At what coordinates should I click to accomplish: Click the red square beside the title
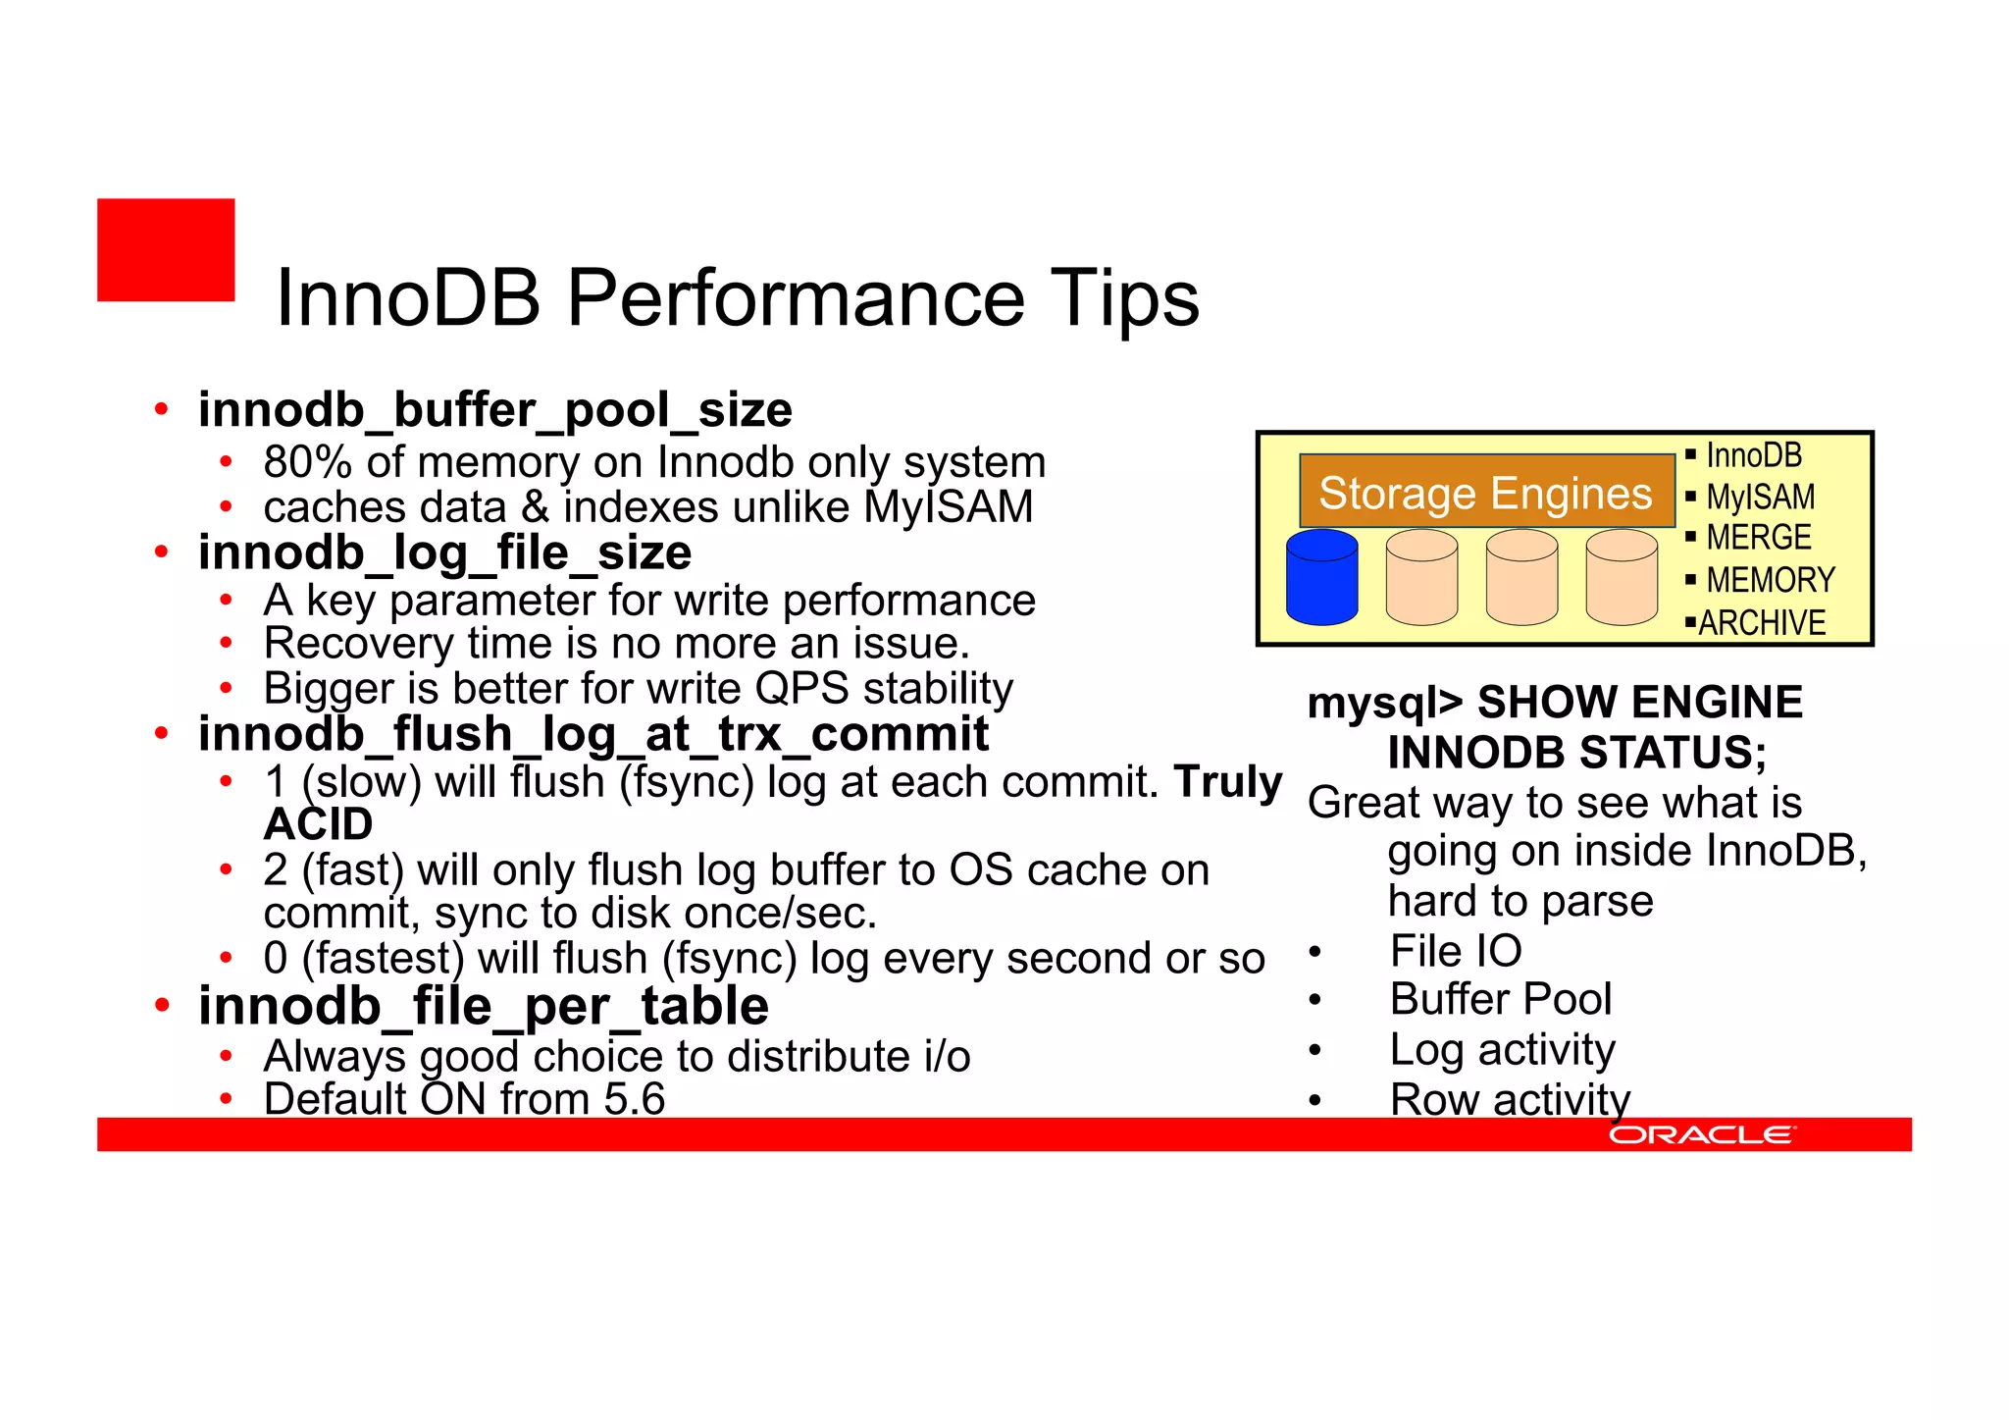click(166, 249)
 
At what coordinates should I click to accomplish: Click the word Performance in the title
click(796, 298)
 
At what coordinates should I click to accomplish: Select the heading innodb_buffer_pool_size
click(494, 410)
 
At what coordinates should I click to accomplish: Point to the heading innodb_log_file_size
click(444, 553)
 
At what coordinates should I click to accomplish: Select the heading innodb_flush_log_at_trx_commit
click(593, 735)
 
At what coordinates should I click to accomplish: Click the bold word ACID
click(318, 824)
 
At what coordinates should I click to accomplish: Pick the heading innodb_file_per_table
click(483, 1007)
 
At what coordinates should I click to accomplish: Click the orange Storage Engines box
click(1485, 492)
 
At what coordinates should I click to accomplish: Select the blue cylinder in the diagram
click(1321, 577)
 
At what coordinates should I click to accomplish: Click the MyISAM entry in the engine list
click(1760, 498)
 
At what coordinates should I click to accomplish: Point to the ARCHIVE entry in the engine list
click(1762, 623)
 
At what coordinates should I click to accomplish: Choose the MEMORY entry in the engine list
click(1770, 580)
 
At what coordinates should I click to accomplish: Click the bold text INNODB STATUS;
click(1576, 753)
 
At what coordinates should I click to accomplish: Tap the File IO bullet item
click(1456, 951)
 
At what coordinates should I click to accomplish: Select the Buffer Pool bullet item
click(1500, 1000)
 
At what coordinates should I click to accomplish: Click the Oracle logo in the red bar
click(1701, 1135)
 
